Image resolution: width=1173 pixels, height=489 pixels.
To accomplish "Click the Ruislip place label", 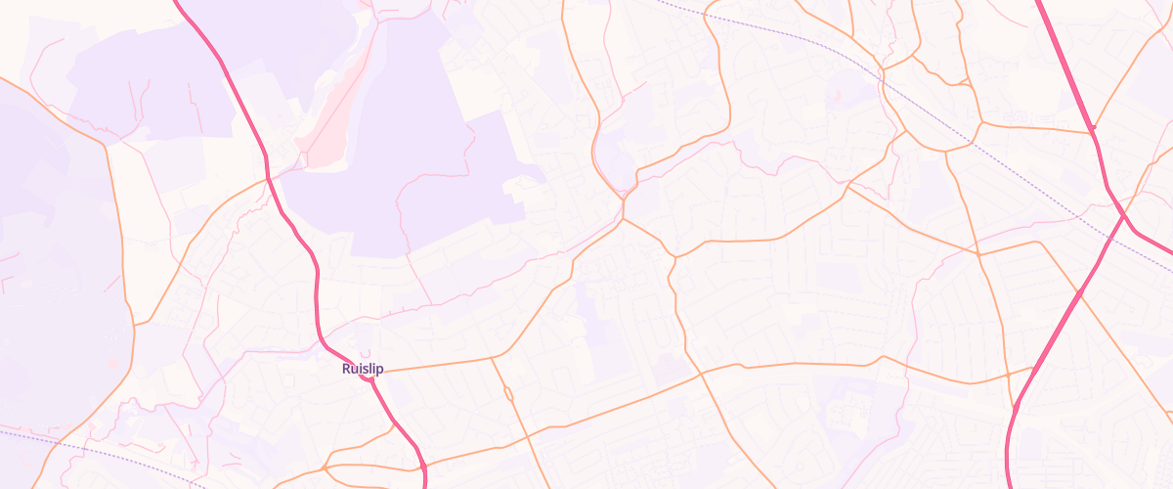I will point(363,369).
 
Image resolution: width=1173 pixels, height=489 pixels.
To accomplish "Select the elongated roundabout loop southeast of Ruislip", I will point(508,393).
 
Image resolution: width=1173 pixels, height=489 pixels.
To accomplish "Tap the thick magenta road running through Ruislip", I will point(318,293).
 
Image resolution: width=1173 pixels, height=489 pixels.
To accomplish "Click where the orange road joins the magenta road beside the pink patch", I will point(268,179).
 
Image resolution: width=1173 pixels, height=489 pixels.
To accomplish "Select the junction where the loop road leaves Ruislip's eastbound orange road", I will point(491,358).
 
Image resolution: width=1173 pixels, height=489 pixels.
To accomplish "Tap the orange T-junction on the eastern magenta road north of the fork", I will point(1093,128).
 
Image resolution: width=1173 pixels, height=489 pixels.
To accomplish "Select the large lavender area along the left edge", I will point(49,244).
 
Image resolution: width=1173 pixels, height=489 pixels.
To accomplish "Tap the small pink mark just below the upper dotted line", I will point(837,95).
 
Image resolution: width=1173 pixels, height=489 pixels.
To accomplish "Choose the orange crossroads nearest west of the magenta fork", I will point(977,254).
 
